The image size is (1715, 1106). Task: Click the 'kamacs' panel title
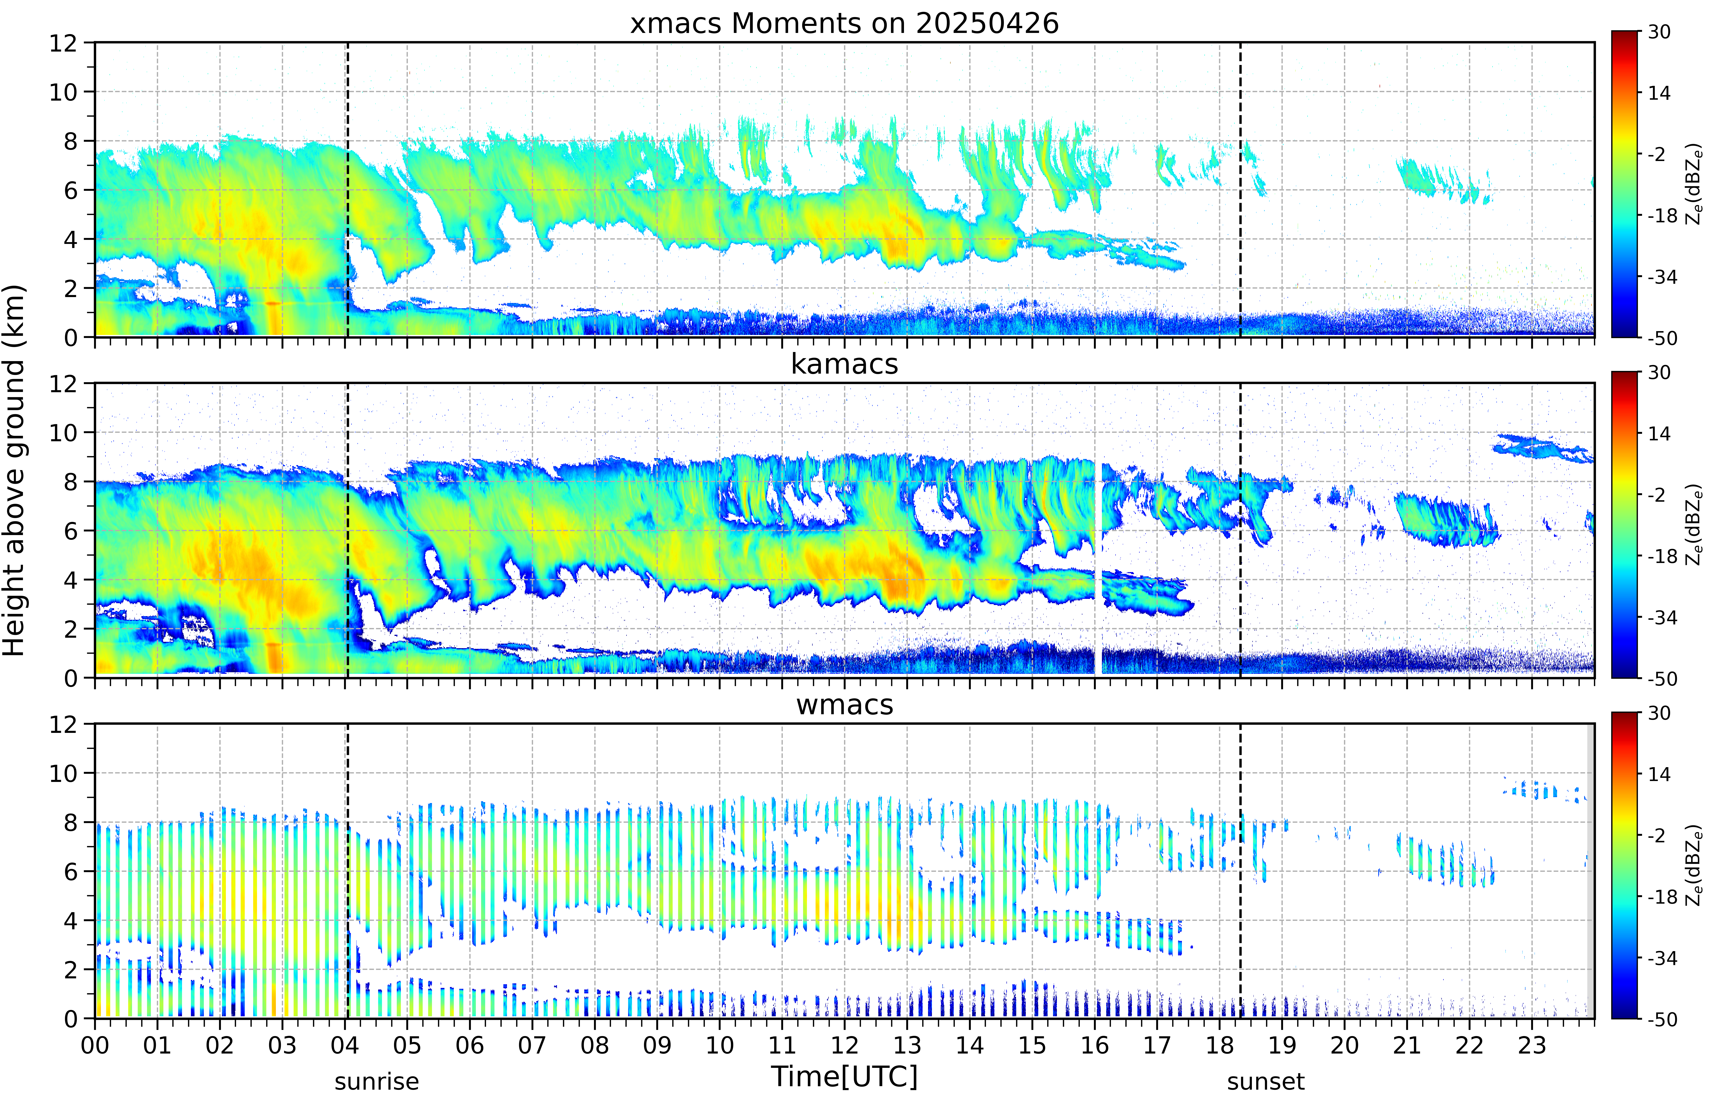[844, 364]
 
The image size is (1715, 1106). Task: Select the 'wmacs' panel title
[844, 704]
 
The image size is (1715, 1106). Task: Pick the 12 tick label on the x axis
[844, 1045]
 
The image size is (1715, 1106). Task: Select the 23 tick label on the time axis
[1532, 1045]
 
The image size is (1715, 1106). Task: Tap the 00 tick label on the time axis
[95, 1045]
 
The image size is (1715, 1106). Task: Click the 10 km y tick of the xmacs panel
[63, 92]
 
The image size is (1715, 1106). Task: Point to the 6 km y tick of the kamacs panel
[70, 531]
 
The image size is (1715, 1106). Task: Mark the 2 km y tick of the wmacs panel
[70, 970]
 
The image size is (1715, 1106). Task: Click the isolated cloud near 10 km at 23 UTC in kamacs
[1541, 448]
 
